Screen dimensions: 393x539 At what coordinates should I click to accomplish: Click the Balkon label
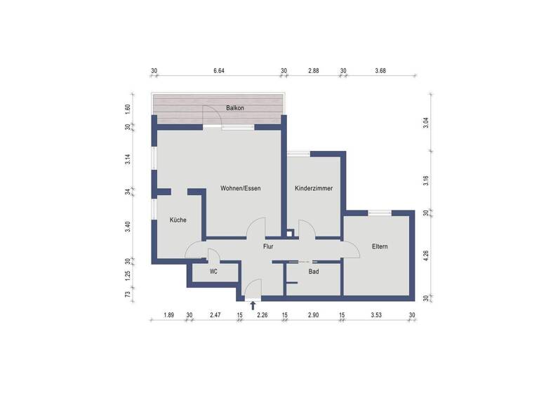pyautogui.click(x=235, y=108)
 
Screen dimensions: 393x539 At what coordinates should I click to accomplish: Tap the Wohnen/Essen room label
pyautogui.click(x=241, y=189)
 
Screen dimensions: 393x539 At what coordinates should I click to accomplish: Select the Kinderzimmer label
pyautogui.click(x=314, y=189)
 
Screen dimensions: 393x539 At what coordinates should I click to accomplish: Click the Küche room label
pyautogui.click(x=178, y=220)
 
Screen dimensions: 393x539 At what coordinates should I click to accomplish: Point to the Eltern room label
pyautogui.click(x=379, y=246)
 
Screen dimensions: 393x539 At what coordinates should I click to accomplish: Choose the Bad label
pyautogui.click(x=314, y=271)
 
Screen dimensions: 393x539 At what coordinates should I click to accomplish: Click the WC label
pyautogui.click(x=214, y=271)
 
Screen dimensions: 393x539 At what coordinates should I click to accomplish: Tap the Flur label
pyautogui.click(x=268, y=246)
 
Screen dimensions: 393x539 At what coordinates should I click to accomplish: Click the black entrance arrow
pyautogui.click(x=253, y=305)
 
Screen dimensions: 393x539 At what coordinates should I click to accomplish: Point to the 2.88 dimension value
pyautogui.click(x=314, y=71)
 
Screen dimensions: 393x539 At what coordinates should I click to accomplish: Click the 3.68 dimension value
pyautogui.click(x=380, y=71)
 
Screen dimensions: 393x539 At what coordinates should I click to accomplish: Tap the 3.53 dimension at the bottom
pyautogui.click(x=378, y=315)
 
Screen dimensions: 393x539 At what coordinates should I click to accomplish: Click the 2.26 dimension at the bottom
pyautogui.click(x=262, y=315)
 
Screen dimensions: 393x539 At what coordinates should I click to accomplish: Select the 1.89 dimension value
pyautogui.click(x=168, y=315)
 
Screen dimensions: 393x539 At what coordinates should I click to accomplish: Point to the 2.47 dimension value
pyautogui.click(x=215, y=315)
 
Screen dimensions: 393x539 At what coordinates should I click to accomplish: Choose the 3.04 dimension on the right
pyautogui.click(x=425, y=122)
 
